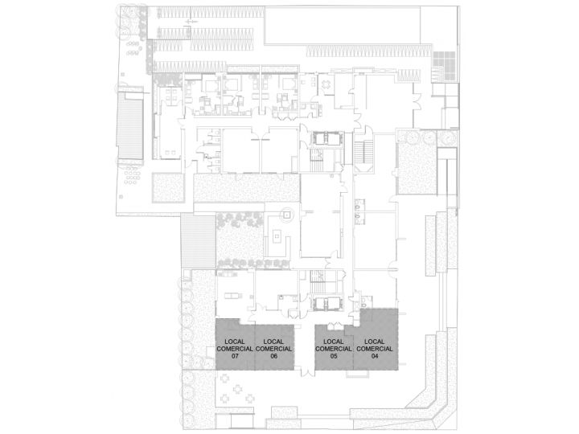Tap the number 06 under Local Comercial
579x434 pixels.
(x=274, y=356)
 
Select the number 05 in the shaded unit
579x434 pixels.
(x=333, y=356)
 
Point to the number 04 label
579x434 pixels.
(x=374, y=356)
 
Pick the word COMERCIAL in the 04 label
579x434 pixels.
(x=374, y=349)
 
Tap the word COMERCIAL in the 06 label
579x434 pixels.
(x=274, y=349)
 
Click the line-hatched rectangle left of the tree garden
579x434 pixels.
(x=197, y=242)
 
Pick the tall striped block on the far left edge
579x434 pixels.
(x=129, y=125)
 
